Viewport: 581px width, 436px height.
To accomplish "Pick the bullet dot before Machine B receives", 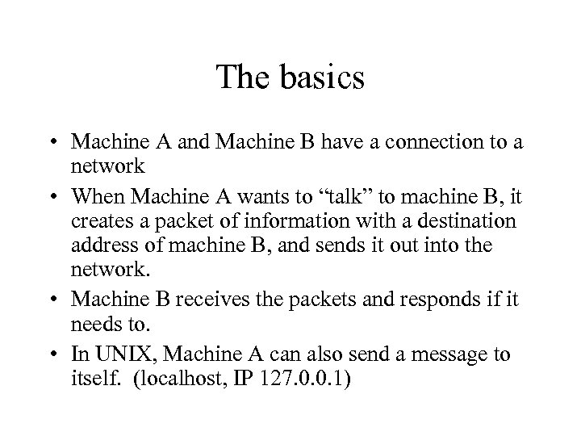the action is coord(57,300).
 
